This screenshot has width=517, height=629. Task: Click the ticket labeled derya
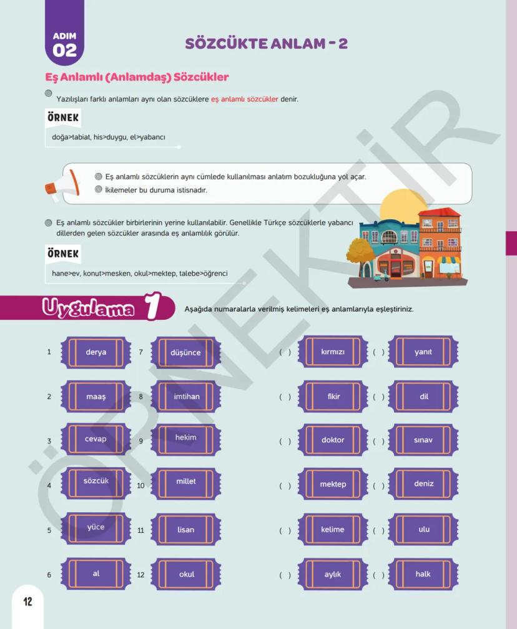[96, 352]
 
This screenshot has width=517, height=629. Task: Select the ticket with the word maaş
[96, 397]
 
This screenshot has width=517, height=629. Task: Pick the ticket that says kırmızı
[333, 352]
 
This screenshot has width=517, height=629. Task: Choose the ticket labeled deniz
[423, 484]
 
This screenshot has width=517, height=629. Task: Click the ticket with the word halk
[423, 574]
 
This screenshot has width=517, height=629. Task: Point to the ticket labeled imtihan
[186, 397]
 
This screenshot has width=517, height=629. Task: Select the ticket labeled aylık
[333, 574]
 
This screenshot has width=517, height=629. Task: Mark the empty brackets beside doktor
[285, 441]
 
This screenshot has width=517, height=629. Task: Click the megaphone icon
[62, 185]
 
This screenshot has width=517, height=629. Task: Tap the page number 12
[27, 602]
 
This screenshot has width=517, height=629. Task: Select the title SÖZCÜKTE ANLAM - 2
[266, 43]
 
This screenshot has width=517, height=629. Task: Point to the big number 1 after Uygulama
[153, 307]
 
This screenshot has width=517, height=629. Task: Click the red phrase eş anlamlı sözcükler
[244, 99]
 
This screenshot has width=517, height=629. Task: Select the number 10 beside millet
[140, 485]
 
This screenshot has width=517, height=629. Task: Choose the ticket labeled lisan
[185, 530]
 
